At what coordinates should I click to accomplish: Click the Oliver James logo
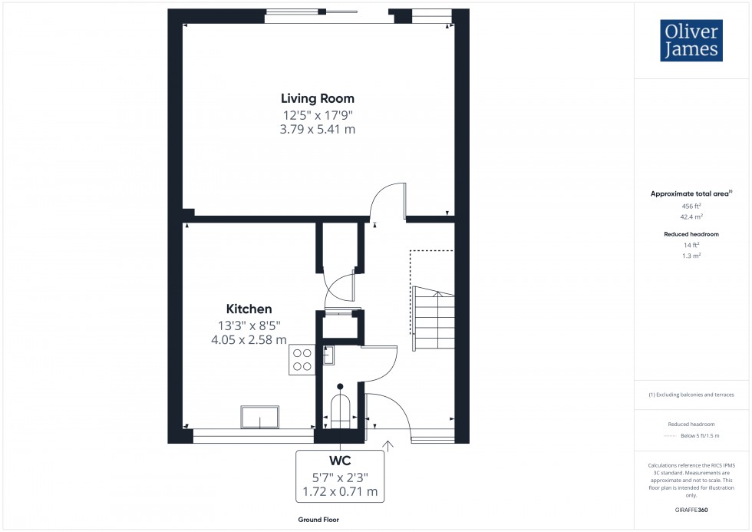pos(691,41)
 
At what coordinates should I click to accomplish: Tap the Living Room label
pos(317,98)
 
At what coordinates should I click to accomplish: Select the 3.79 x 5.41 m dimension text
pos(317,129)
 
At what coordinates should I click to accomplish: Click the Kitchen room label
pos(249,309)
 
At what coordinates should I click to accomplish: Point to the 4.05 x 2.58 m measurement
pos(249,339)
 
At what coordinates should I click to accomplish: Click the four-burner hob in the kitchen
pos(302,359)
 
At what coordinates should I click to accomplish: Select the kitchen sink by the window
pos(260,417)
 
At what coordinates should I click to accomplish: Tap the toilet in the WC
pos(339,407)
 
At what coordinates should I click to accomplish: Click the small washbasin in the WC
pos(328,354)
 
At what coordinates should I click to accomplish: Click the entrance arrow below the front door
pos(388,445)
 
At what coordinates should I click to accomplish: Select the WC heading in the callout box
pos(339,461)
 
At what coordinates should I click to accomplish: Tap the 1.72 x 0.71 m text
pos(339,491)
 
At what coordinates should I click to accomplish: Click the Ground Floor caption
pos(319,520)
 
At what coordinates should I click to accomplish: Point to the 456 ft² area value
pos(692,207)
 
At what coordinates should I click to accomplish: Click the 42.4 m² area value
pos(692,217)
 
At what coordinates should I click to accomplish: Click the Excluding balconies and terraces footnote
pos(691,395)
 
